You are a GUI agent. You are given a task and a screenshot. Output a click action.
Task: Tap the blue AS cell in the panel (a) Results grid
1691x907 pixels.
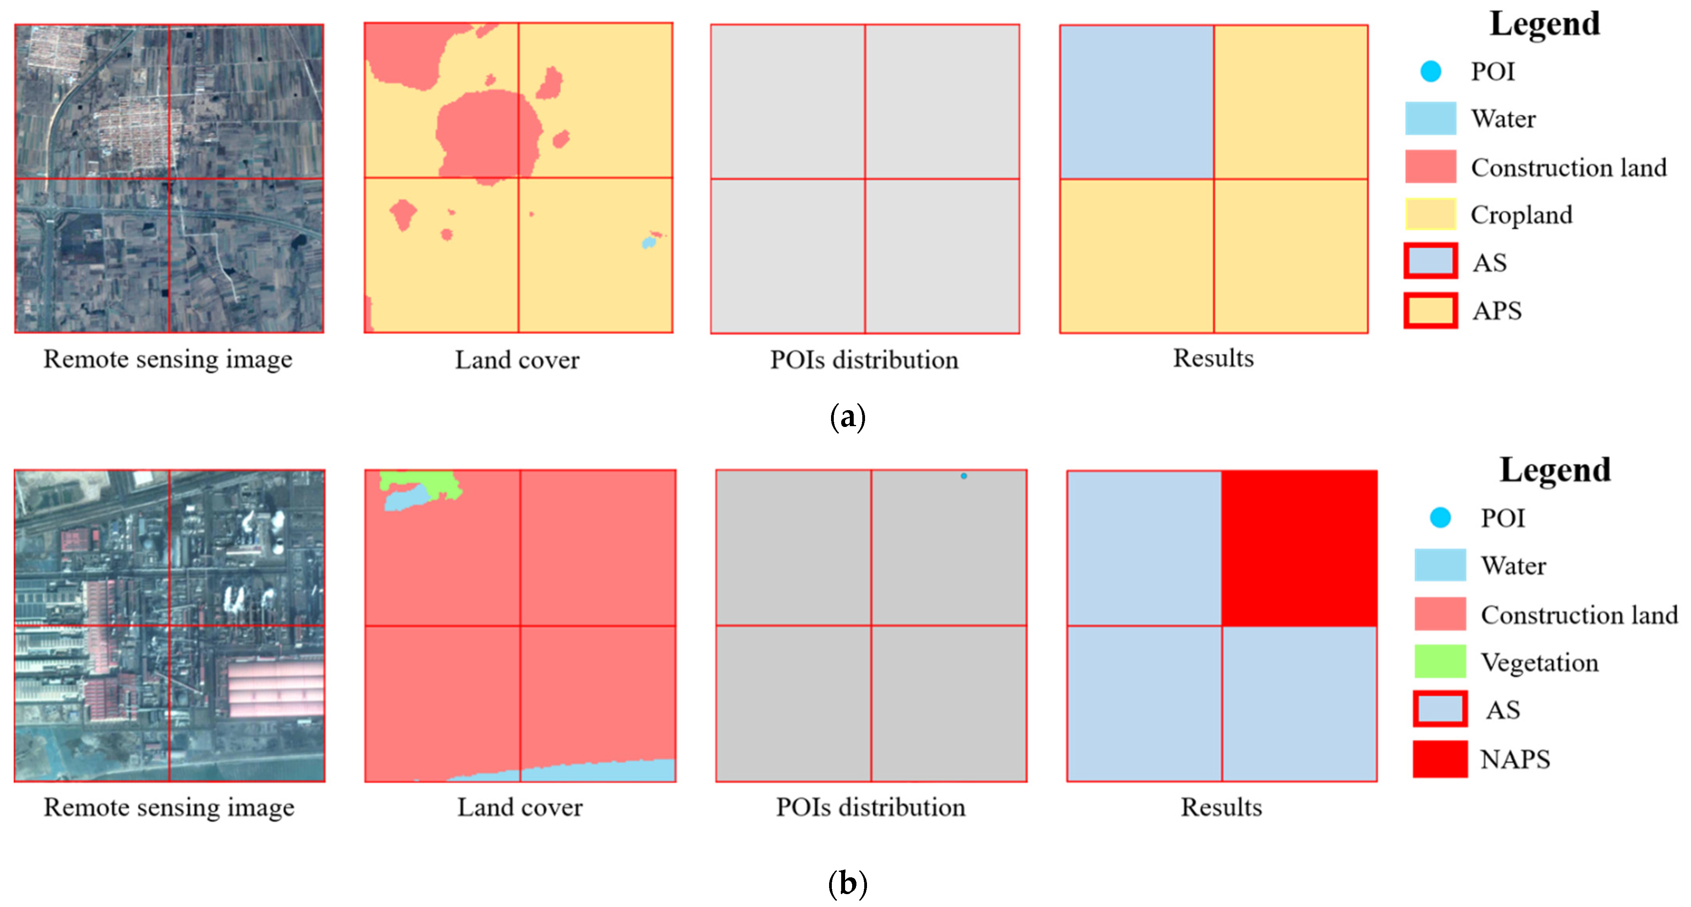pyautogui.click(x=1136, y=102)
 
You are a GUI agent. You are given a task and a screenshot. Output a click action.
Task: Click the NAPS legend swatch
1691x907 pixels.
pyautogui.click(x=1440, y=759)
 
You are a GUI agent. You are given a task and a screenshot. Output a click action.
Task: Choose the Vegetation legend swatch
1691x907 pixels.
pyautogui.click(x=1440, y=662)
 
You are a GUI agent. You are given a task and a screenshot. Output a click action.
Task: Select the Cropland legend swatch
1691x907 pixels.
pyautogui.click(x=1430, y=214)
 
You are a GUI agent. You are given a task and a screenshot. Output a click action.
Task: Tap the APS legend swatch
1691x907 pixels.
pyautogui.click(x=1430, y=311)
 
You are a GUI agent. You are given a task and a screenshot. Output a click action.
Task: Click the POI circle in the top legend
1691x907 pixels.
pyautogui.click(x=1430, y=71)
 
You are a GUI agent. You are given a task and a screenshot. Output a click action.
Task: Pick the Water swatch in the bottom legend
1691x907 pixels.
pyautogui.click(x=1440, y=565)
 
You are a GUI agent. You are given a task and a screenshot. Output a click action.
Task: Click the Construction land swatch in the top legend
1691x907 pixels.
pyautogui.click(x=1430, y=167)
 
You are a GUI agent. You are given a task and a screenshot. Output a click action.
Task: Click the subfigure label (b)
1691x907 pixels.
pyautogui.click(x=847, y=884)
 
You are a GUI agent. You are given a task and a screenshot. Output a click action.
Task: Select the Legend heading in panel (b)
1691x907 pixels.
pyautogui.click(x=1555, y=470)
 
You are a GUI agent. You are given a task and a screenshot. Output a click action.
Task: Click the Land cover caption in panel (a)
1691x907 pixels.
pyautogui.click(x=517, y=360)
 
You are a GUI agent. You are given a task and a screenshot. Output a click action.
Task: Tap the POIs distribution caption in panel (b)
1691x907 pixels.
pyautogui.click(x=871, y=807)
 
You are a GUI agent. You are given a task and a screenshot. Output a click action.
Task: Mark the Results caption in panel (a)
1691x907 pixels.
pyautogui.click(x=1213, y=358)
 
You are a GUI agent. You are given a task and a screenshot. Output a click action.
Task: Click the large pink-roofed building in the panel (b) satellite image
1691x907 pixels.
pyautogui.click(x=276, y=689)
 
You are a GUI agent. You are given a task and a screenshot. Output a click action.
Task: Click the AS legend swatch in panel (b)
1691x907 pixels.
pyautogui.click(x=1440, y=709)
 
